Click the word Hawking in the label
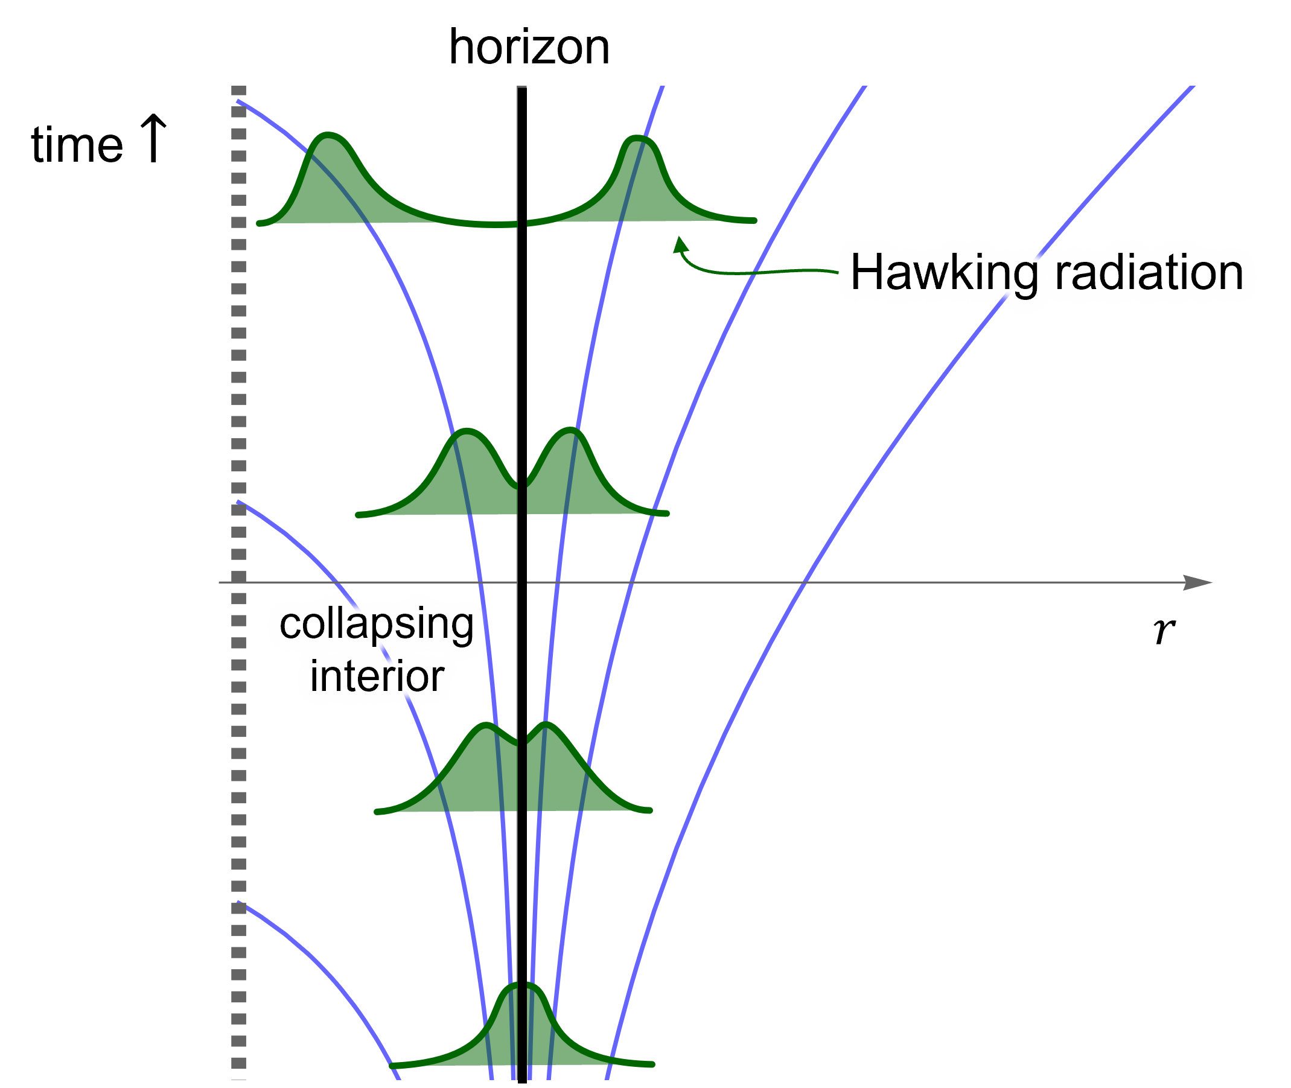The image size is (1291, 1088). [944, 273]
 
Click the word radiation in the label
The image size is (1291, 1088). [1149, 273]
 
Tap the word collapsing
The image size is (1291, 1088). [376, 623]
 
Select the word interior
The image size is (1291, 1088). [376, 676]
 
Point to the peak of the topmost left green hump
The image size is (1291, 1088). [328, 134]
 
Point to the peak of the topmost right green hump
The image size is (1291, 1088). [639, 136]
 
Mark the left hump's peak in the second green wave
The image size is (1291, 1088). [467, 429]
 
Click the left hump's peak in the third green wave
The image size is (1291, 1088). [487, 724]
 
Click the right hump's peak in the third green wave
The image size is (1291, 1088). [546, 723]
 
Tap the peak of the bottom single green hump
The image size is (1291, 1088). [523, 983]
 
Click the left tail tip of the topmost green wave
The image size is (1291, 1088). [259, 223]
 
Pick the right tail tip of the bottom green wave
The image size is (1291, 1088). [652, 1064]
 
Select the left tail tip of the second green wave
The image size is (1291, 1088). [359, 515]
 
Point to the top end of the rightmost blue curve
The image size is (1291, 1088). [1194, 87]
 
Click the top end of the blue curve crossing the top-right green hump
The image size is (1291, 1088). [663, 87]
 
